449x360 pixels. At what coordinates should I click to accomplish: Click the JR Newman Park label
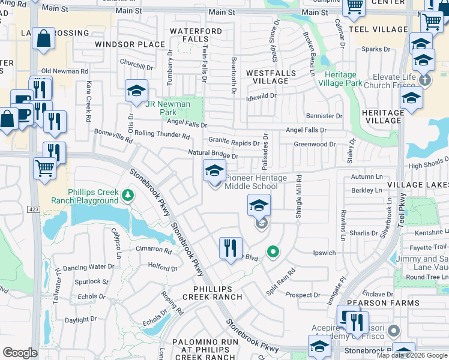pyautogui.click(x=168, y=108)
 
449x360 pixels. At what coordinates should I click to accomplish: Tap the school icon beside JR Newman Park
pyautogui.click(x=136, y=92)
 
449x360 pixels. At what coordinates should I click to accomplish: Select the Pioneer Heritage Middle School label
pyautogui.click(x=252, y=182)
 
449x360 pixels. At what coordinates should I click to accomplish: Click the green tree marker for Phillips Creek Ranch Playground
pyautogui.click(x=127, y=195)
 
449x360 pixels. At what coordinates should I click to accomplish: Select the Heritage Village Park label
pyautogui.click(x=343, y=79)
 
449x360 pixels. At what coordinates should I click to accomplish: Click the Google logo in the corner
pyautogui.click(x=20, y=352)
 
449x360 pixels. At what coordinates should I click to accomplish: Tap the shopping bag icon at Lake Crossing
pyautogui.click(x=43, y=40)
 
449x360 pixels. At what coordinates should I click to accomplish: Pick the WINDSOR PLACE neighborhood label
pyautogui.click(x=130, y=44)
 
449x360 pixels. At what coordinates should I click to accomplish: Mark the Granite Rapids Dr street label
pyautogui.click(x=234, y=143)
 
